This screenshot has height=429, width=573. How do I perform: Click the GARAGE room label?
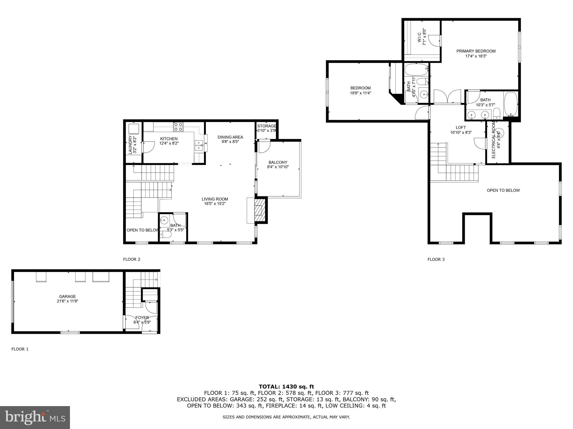coord(67,296)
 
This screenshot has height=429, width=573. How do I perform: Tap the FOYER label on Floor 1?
coord(142,318)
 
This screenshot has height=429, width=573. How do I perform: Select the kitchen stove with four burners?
coord(178,127)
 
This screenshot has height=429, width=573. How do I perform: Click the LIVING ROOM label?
coord(215,199)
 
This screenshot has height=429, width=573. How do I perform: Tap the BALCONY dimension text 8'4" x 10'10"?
coord(278,167)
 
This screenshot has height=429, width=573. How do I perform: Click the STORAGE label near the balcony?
coord(267,126)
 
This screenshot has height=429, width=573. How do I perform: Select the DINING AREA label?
coord(230,137)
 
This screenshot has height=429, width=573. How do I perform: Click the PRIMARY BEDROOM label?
coord(476,51)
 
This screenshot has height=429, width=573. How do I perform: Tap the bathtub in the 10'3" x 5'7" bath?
coord(511,104)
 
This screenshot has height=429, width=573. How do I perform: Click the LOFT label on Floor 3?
coord(461,128)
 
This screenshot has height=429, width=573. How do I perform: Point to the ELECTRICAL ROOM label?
coord(494,141)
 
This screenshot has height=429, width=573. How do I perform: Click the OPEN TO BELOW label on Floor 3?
coord(503,190)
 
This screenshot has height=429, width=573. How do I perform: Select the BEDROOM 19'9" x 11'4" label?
coord(360,88)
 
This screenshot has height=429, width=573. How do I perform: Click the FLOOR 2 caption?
coord(131,259)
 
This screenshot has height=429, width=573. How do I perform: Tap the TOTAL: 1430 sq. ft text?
coord(286,387)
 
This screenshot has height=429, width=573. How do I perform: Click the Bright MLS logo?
coord(35,418)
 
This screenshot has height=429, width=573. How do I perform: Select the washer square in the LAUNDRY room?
coord(134,129)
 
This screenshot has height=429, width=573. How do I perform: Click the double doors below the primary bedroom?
coord(447,97)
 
